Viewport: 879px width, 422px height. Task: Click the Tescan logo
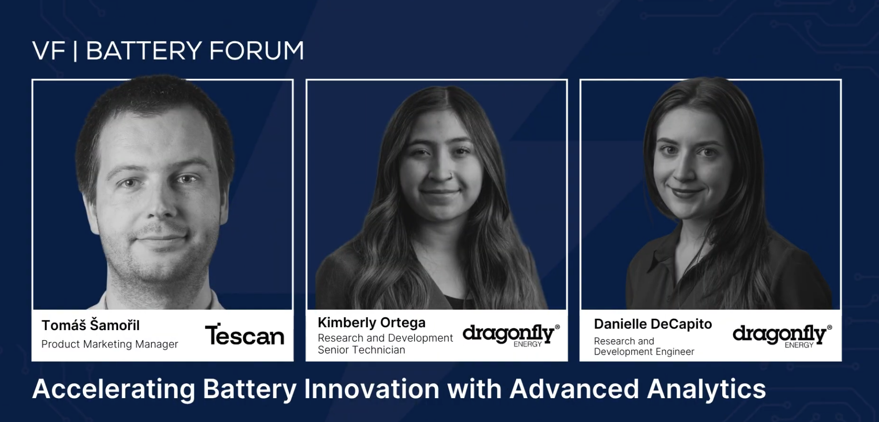coord(244,335)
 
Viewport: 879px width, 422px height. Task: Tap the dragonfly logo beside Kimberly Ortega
coord(508,334)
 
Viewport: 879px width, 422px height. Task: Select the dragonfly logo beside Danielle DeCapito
coord(779,335)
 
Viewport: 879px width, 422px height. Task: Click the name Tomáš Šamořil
coord(90,326)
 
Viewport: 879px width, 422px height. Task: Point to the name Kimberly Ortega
coord(371,323)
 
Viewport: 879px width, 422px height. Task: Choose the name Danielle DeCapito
coord(653,324)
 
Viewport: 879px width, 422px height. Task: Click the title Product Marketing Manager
coord(110,344)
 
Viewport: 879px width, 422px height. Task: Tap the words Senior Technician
coord(361,350)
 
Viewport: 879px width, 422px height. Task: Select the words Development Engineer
coord(644,352)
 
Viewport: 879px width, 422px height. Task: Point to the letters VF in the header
coord(49,51)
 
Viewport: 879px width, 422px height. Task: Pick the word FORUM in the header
coord(256,51)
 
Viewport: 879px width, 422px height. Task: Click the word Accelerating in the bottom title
coord(114,389)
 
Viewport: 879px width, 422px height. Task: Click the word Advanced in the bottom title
coord(574,389)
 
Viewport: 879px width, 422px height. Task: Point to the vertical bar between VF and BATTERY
coord(75,51)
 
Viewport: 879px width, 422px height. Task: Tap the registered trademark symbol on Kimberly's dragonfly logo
coord(557,327)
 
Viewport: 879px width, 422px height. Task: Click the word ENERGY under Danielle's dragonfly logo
coord(799,345)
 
